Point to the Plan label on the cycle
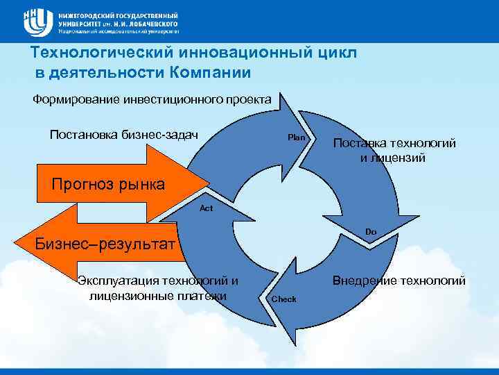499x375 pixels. [297, 137]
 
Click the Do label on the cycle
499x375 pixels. [371, 231]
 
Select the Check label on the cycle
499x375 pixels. [284, 299]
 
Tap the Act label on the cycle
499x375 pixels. [206, 208]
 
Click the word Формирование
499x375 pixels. [76, 99]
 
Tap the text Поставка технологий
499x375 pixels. [394, 144]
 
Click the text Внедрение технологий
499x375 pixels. [399, 281]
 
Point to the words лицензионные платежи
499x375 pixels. [158, 296]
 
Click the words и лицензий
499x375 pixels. [393, 158]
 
